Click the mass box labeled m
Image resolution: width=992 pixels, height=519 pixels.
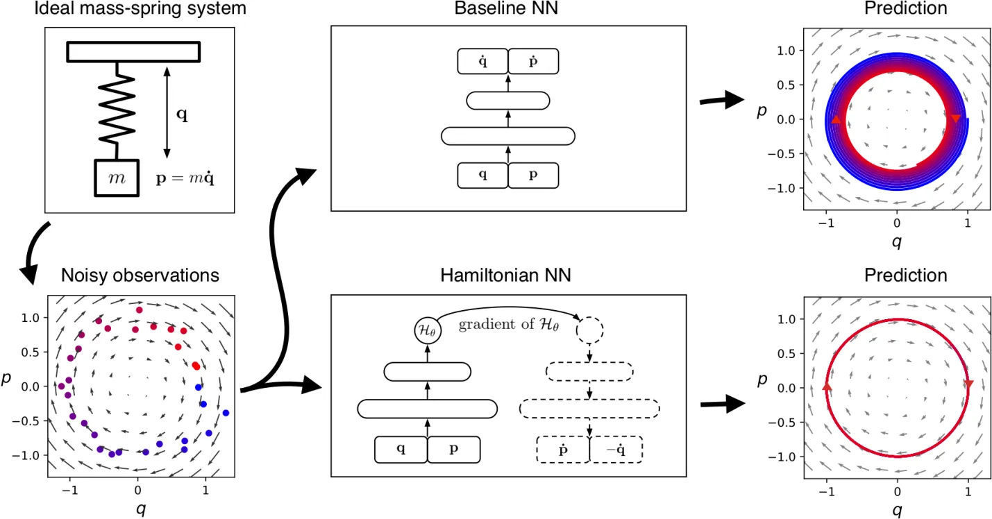117,178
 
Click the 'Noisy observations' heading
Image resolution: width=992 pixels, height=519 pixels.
140,275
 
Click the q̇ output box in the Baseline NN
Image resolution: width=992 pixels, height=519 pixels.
482,62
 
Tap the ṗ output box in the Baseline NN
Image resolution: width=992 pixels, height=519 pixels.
532,62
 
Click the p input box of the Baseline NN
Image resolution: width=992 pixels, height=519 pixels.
532,175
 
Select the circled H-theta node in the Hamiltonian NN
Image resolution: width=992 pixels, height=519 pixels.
427,331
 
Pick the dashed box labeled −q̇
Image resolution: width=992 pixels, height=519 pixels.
616,449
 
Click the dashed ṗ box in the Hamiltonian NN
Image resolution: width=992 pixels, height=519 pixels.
563,449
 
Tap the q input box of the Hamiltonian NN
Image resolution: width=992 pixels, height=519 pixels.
401,449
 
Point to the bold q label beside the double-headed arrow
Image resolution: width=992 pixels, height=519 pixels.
182,116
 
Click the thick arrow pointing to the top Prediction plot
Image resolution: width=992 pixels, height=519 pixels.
722,101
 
